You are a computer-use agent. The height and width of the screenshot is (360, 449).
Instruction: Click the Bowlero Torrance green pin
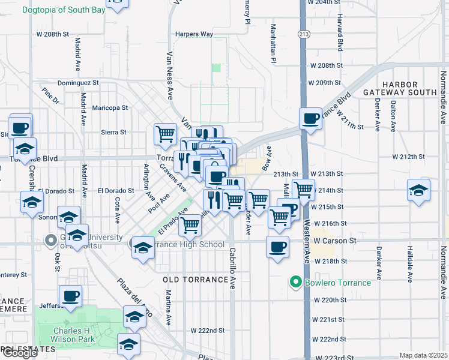coord(295,281)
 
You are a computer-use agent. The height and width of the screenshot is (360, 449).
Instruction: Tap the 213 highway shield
coord(305,34)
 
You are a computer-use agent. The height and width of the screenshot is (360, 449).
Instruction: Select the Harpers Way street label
coord(194,34)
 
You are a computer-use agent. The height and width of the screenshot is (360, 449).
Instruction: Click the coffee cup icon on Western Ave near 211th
coord(311,118)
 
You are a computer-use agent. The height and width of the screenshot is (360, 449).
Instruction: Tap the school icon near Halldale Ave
coord(418,190)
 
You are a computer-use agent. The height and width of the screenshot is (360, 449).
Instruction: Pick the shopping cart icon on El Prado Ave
coord(190,225)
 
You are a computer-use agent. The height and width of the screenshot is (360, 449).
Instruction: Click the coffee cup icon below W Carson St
coord(277,246)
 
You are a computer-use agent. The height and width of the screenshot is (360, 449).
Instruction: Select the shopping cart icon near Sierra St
coord(165,134)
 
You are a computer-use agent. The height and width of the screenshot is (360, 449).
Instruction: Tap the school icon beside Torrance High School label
coord(142,248)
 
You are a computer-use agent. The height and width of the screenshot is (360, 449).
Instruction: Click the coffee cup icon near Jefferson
coord(70,295)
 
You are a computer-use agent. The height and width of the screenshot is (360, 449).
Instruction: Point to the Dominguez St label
coord(78,83)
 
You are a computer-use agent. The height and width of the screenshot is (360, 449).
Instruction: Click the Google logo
coord(19,353)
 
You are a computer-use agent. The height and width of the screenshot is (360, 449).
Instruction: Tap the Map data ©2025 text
coord(423,355)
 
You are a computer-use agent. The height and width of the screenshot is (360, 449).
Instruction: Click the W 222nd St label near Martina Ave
coord(208,330)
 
